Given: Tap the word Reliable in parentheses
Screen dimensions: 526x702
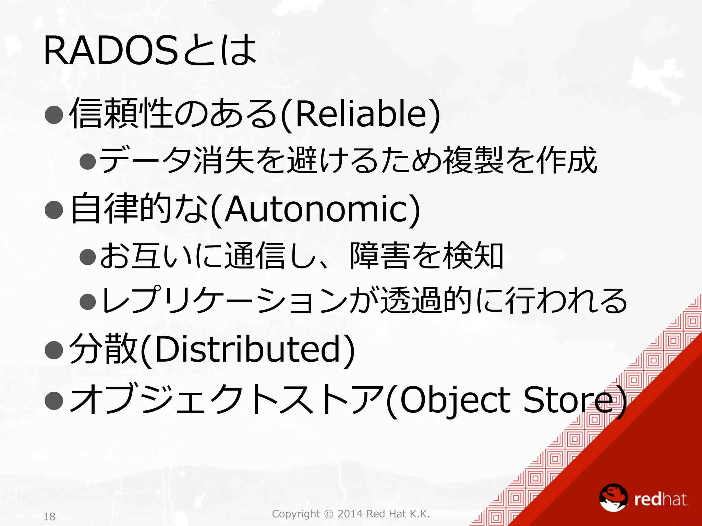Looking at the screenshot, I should click(x=360, y=114).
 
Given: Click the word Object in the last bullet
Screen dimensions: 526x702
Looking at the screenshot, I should click(x=454, y=400).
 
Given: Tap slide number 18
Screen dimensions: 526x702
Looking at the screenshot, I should click(x=49, y=516).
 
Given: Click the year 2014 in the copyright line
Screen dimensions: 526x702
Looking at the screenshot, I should click(x=350, y=514).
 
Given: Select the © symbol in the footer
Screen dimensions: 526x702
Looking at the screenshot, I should click(x=328, y=514).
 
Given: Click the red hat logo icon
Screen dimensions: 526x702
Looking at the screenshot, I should click(x=613, y=498).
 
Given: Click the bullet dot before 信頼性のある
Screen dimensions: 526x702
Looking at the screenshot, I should click(x=54, y=114).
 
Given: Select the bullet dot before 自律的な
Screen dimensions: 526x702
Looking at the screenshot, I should click(x=54, y=210).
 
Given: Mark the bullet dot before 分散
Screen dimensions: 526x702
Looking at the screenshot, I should click(x=54, y=350).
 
